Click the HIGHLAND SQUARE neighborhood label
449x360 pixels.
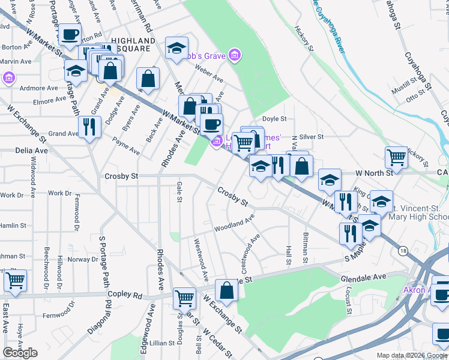point(131,45)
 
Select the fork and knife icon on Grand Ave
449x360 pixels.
point(89,127)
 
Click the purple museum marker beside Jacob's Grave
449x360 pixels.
point(235,56)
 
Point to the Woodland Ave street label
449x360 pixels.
point(234,226)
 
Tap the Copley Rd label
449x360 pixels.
point(125,295)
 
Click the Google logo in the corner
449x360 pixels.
point(20,352)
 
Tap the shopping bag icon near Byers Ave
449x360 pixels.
point(148,79)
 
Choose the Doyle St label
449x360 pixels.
point(275,119)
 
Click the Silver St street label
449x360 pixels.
point(312,137)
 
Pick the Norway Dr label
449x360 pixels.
point(82,259)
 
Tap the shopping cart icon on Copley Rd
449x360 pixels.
point(184,297)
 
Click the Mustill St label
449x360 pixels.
point(399,91)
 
